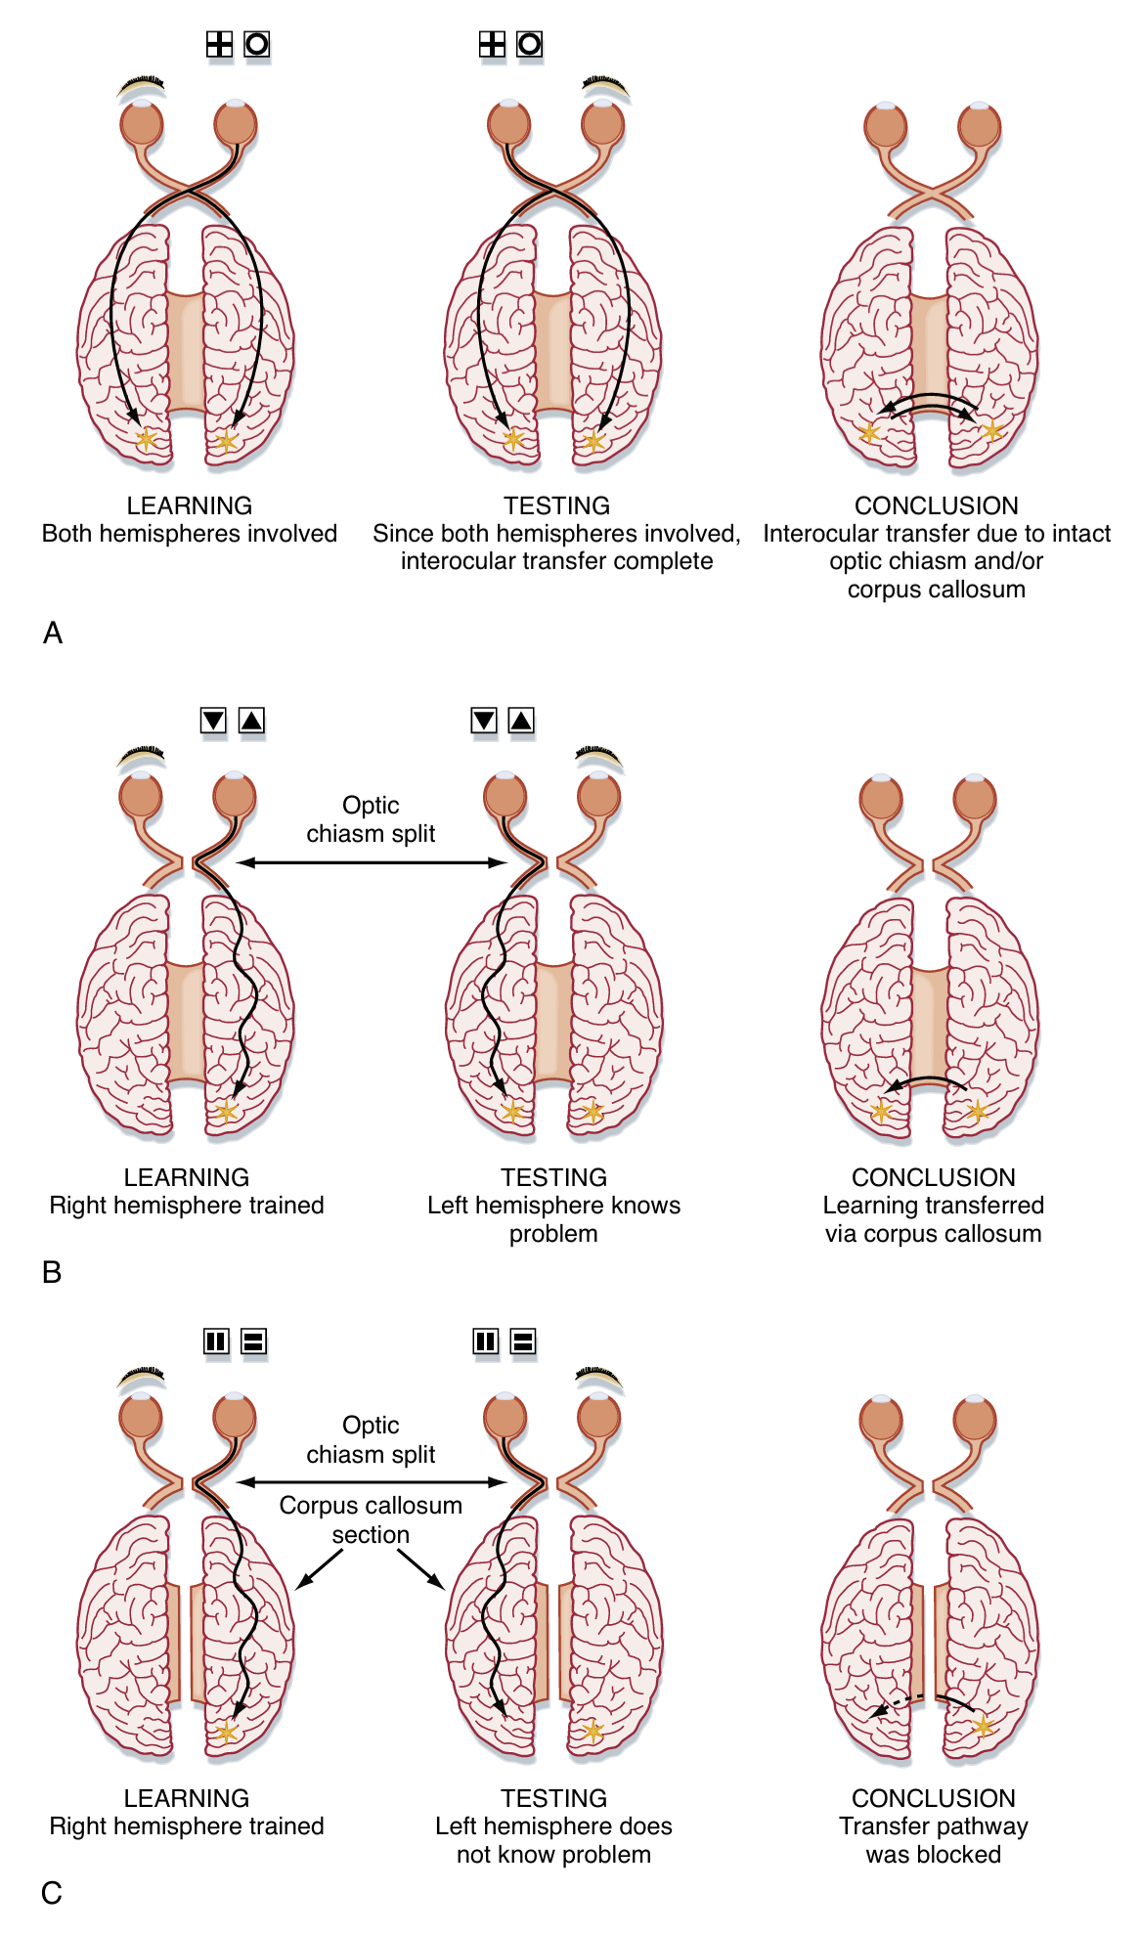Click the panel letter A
click(x=53, y=634)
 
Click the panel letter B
click(x=52, y=1272)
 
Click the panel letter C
click(x=52, y=1893)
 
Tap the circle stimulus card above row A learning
click(x=256, y=44)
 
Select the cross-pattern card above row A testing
click(x=492, y=44)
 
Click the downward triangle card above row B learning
click(x=213, y=721)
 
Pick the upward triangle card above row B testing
click(x=522, y=721)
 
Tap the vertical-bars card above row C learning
click(x=216, y=1341)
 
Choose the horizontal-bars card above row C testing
click(x=523, y=1341)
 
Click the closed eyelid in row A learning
click(x=142, y=87)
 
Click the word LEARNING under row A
click(x=190, y=506)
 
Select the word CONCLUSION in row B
click(x=934, y=1177)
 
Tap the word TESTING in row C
click(x=554, y=1798)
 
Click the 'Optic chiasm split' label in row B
click(x=371, y=819)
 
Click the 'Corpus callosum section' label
click(x=371, y=1519)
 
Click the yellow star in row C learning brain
click(x=227, y=1733)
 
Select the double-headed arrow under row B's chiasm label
click(x=371, y=862)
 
